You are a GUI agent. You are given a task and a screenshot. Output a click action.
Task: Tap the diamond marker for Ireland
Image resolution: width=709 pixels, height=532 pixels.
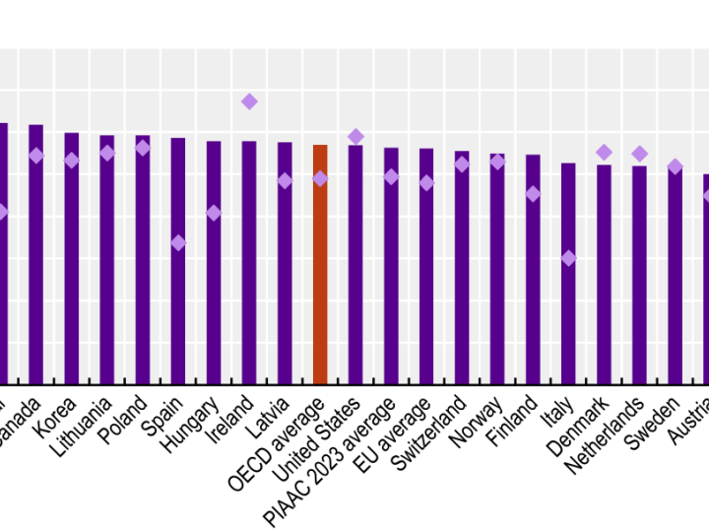[249, 101]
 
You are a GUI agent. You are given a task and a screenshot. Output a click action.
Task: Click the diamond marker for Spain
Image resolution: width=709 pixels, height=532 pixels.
[178, 242]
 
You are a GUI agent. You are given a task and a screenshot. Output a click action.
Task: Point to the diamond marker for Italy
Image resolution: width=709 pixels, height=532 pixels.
[568, 258]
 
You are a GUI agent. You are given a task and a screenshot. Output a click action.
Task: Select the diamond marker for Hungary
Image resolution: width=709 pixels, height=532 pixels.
[214, 213]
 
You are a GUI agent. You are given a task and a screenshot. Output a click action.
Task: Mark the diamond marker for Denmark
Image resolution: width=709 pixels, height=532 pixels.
[604, 152]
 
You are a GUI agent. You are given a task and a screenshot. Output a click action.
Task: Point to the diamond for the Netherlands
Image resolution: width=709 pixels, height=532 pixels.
[639, 154]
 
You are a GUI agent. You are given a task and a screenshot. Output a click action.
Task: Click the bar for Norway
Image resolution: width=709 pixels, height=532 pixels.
[497, 268]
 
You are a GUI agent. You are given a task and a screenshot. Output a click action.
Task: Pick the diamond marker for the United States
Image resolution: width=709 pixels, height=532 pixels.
[355, 136]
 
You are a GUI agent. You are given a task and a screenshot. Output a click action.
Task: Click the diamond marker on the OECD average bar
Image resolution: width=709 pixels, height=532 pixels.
[320, 178]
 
